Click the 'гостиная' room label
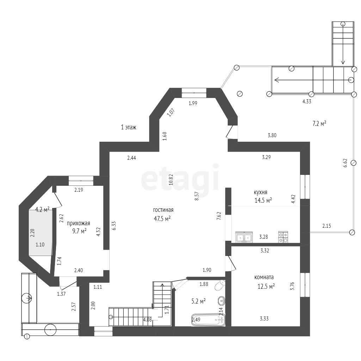coord(163,210)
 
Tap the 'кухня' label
coord(261,192)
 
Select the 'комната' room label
coord(264,277)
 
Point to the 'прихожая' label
coord(79,223)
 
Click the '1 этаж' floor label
coord(129,127)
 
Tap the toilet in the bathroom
coord(220,285)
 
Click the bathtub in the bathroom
coord(208,319)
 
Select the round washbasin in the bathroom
coord(221,301)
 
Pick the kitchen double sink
coord(244,237)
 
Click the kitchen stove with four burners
coord(283,237)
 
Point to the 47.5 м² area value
coord(162,219)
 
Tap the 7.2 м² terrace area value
coord(319,124)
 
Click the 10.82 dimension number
coord(171,179)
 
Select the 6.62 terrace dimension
coord(345,163)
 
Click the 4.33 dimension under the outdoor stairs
coord(307,101)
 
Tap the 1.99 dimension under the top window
coord(193,103)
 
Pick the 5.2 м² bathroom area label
coord(198,301)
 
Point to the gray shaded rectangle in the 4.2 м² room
coord(41,232)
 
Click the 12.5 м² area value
coord(266,286)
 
